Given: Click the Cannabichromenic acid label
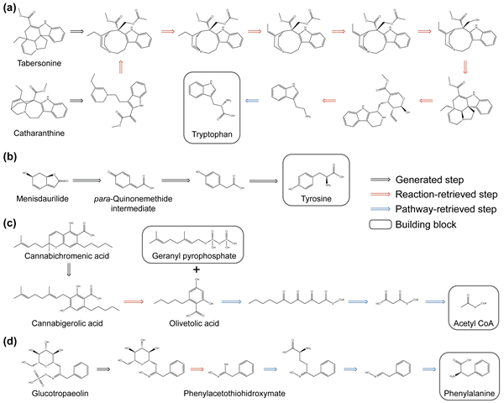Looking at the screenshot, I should (x=60, y=256).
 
